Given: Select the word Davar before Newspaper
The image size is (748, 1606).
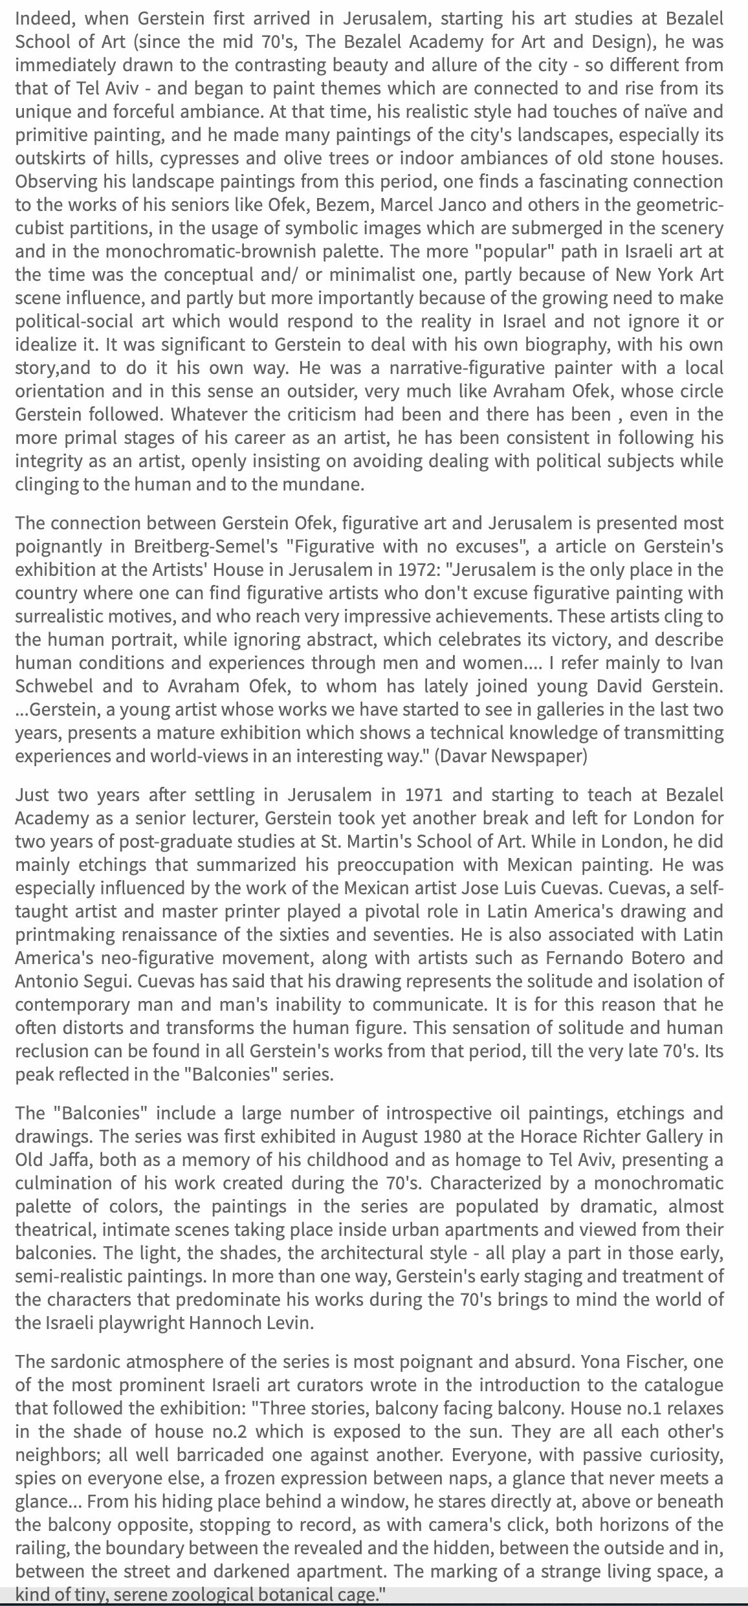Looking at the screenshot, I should point(458,756).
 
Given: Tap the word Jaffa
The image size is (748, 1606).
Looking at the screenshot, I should point(69,1160).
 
